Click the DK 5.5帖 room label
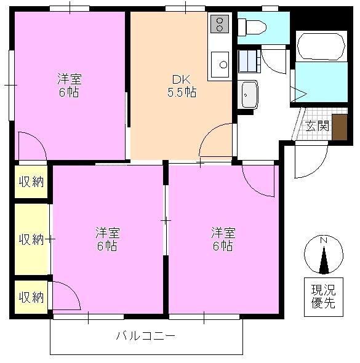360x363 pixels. click(182, 86)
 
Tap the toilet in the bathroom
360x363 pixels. click(253, 26)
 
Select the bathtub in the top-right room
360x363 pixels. click(320, 45)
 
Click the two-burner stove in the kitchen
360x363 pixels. click(218, 25)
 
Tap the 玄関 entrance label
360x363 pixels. click(318, 127)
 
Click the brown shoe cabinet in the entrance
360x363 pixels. click(339, 128)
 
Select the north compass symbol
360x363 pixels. click(324, 256)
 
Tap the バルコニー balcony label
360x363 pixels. click(146, 337)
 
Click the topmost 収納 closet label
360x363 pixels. click(31, 181)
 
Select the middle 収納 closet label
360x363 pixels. click(31, 239)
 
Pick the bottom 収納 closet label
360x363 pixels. click(31, 297)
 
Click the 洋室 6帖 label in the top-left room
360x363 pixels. click(69, 86)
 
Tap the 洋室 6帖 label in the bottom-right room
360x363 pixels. click(223, 239)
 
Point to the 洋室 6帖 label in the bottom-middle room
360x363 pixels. click(106, 239)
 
